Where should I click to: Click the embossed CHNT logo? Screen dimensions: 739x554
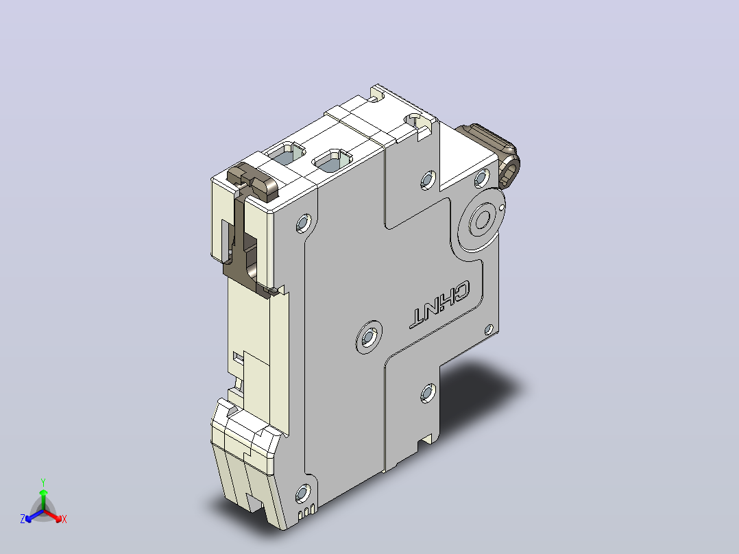pos(439,304)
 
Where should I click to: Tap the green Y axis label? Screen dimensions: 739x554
pos(43,482)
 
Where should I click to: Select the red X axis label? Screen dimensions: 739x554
pos(64,519)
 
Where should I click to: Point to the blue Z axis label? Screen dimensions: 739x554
pos(23,518)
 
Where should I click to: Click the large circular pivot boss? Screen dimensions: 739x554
pos(482,219)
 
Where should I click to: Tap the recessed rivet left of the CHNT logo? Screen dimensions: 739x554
pos(368,337)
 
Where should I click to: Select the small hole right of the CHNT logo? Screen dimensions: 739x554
pos(489,330)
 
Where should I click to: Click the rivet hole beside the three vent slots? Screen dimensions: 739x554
pos(302,494)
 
